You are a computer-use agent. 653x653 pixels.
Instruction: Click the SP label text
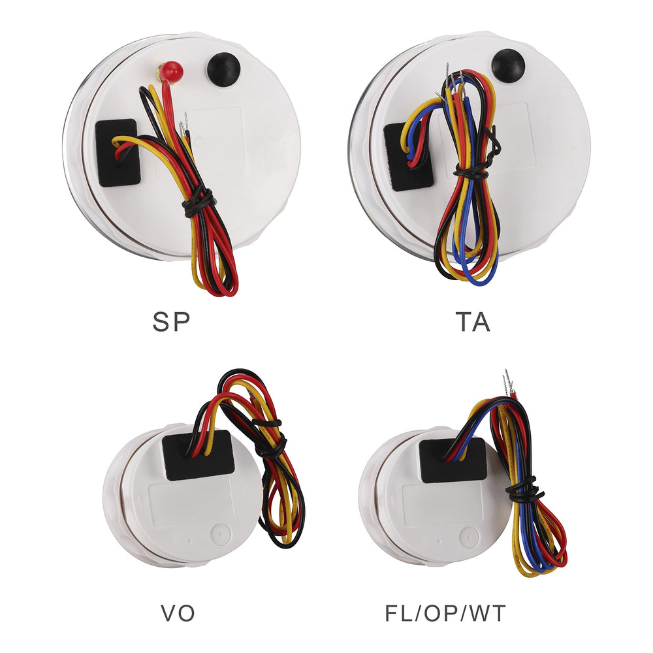[171, 322]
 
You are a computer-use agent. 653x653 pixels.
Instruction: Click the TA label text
[473, 322]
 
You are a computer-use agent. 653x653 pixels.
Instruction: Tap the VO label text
[178, 613]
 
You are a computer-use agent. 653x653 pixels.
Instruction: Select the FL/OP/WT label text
[445, 613]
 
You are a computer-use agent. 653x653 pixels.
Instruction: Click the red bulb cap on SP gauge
[172, 71]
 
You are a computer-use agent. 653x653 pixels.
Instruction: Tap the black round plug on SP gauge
[223, 70]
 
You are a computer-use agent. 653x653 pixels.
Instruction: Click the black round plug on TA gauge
[508, 65]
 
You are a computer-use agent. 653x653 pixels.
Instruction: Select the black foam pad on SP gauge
[118, 152]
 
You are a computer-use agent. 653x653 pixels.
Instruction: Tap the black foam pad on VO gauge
[198, 455]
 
